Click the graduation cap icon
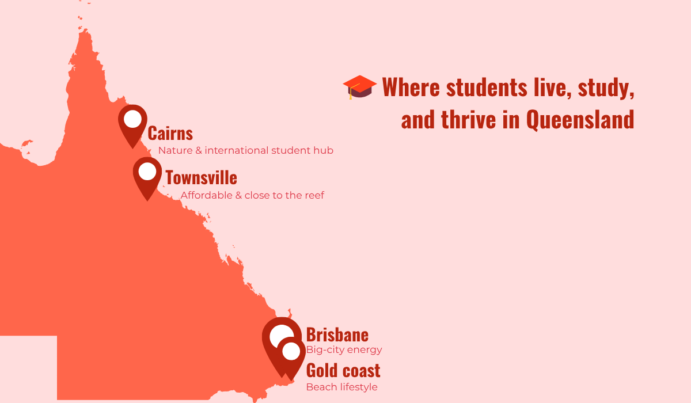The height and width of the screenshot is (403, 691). (x=360, y=87)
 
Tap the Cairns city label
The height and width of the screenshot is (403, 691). (x=170, y=134)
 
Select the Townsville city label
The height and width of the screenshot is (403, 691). (x=201, y=178)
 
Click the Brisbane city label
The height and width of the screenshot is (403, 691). (x=337, y=334)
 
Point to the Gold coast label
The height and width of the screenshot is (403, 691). (x=343, y=370)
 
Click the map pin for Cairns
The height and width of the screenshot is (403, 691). (x=132, y=124)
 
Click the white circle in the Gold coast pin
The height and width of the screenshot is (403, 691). (x=291, y=351)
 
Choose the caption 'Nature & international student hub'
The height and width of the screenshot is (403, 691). (x=245, y=151)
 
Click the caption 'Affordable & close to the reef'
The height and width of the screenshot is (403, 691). (x=252, y=196)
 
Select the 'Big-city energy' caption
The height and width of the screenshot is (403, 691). (x=344, y=350)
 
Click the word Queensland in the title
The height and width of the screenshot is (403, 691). (x=580, y=120)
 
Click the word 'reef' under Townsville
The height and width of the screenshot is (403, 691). (x=314, y=196)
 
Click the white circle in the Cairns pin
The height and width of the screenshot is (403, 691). (x=132, y=119)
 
